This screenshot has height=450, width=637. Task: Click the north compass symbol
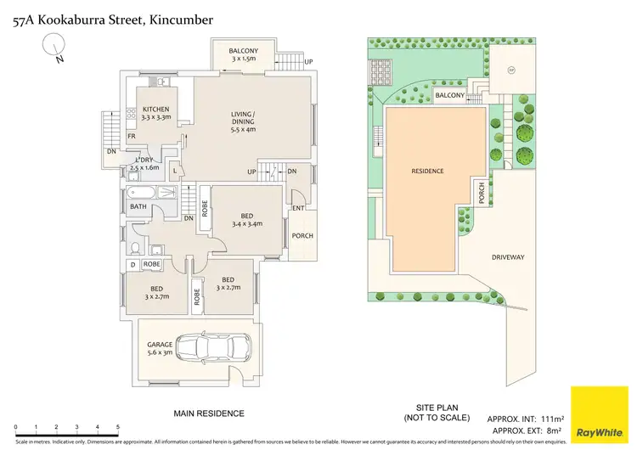(56, 48)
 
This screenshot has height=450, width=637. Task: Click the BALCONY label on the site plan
(449, 96)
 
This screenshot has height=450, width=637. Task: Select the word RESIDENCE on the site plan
(427, 171)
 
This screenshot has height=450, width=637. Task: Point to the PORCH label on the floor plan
(302, 236)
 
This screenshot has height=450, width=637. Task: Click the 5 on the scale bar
(117, 427)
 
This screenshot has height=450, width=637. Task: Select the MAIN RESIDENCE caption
(209, 413)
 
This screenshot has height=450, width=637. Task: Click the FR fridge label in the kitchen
(132, 136)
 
